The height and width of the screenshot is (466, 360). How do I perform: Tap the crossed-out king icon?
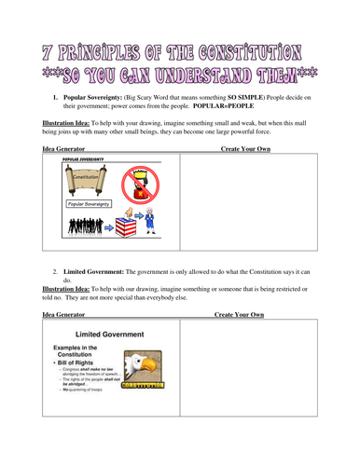(143, 182)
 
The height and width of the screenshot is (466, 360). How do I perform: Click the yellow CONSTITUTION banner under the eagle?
(145, 383)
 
